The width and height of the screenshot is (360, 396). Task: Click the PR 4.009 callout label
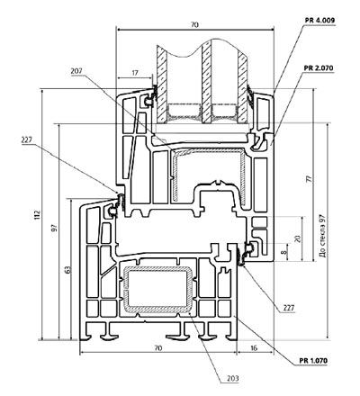click(319, 21)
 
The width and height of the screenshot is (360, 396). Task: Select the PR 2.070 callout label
click(319, 68)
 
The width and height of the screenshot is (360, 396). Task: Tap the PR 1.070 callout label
click(313, 361)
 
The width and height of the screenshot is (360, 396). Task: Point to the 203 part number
click(233, 378)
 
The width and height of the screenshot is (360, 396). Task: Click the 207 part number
click(76, 71)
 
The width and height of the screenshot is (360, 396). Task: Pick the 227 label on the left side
click(27, 139)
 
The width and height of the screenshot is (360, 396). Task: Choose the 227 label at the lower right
click(289, 308)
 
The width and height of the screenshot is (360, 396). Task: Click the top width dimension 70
click(194, 25)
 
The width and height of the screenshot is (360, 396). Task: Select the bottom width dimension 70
click(158, 348)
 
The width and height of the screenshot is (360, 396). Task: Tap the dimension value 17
click(135, 73)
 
